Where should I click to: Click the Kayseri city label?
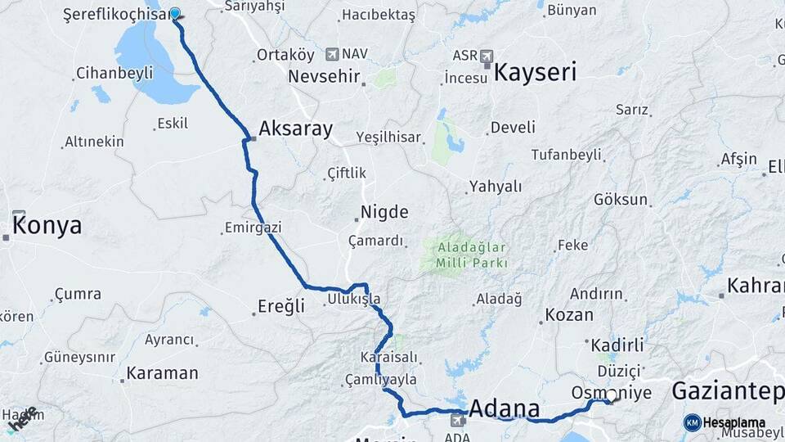536,71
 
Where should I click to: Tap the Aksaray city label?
295,129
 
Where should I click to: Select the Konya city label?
47,226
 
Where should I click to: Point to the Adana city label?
505,408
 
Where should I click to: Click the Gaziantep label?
727,391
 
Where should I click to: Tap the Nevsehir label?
325,75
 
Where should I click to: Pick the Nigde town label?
384,213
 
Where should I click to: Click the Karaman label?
163,374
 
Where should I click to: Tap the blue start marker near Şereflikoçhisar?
175,14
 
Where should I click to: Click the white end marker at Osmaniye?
611,395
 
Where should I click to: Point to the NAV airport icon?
331,54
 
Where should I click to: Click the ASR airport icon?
487,56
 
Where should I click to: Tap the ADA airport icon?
457,420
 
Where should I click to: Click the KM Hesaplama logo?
724,422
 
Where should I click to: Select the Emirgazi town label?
253,227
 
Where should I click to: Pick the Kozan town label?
568,314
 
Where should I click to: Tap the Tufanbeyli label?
566,154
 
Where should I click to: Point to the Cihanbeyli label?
114,73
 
